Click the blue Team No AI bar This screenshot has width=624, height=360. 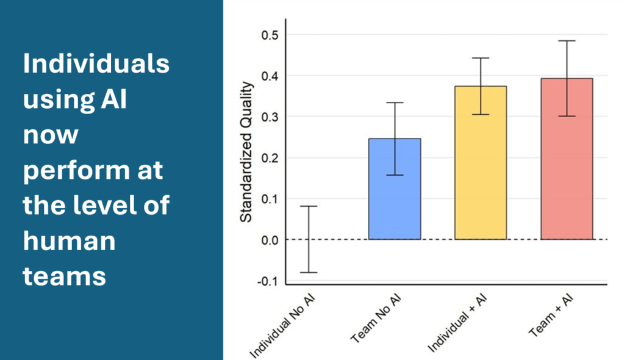395,189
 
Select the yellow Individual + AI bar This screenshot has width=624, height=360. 481,163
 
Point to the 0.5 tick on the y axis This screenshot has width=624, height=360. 269,35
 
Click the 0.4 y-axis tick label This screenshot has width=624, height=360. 269,76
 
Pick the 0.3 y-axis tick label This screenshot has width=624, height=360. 269,117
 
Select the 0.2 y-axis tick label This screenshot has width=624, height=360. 269,157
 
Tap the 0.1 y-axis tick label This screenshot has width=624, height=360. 269,198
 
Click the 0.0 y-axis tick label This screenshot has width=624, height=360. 269,239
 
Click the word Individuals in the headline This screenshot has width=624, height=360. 96,63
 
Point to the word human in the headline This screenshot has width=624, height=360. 69,240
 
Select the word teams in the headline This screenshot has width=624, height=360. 65,276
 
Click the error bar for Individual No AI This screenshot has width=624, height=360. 309,239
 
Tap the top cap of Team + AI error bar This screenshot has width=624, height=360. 567,41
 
